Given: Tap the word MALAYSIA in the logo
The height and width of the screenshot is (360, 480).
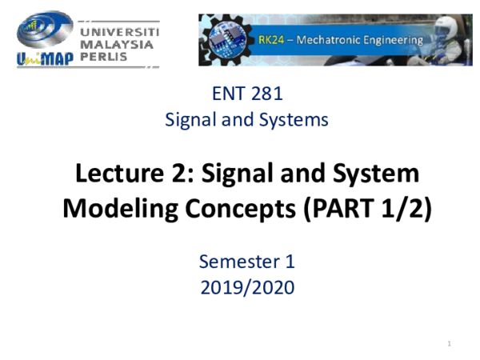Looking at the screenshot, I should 118,45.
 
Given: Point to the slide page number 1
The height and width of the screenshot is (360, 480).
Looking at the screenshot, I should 451,344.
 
